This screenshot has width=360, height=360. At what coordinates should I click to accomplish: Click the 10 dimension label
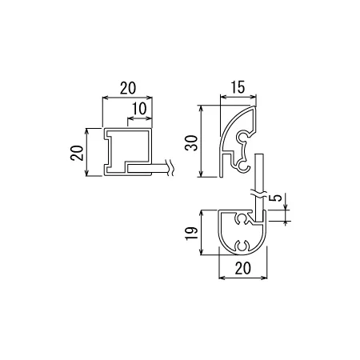[139, 109]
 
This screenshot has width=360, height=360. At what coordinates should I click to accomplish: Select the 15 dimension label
[238, 87]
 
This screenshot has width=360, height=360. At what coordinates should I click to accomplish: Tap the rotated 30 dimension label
[191, 143]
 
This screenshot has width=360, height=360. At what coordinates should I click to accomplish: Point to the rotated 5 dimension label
[278, 198]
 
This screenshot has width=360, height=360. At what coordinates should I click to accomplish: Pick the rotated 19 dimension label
[191, 234]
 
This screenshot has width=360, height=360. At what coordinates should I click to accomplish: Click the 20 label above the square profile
[128, 88]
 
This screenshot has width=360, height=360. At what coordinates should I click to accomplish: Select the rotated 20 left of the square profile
[77, 153]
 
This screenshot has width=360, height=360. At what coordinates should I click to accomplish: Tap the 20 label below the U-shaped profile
[243, 268]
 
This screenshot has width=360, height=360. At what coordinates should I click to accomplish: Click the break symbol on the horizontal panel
[170, 167]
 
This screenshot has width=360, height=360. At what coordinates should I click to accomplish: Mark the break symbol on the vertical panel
[258, 194]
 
